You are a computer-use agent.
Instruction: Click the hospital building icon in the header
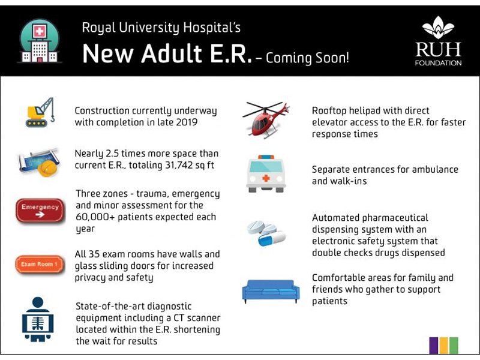38,41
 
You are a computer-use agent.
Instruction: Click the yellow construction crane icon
40,112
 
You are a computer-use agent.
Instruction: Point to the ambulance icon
266,173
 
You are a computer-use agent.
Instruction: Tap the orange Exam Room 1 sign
40,264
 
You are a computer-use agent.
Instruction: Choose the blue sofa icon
271,291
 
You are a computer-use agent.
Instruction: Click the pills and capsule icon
266,232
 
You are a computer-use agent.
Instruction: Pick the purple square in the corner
434,345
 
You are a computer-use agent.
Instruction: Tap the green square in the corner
454,345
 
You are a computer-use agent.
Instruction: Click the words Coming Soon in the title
307,58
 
